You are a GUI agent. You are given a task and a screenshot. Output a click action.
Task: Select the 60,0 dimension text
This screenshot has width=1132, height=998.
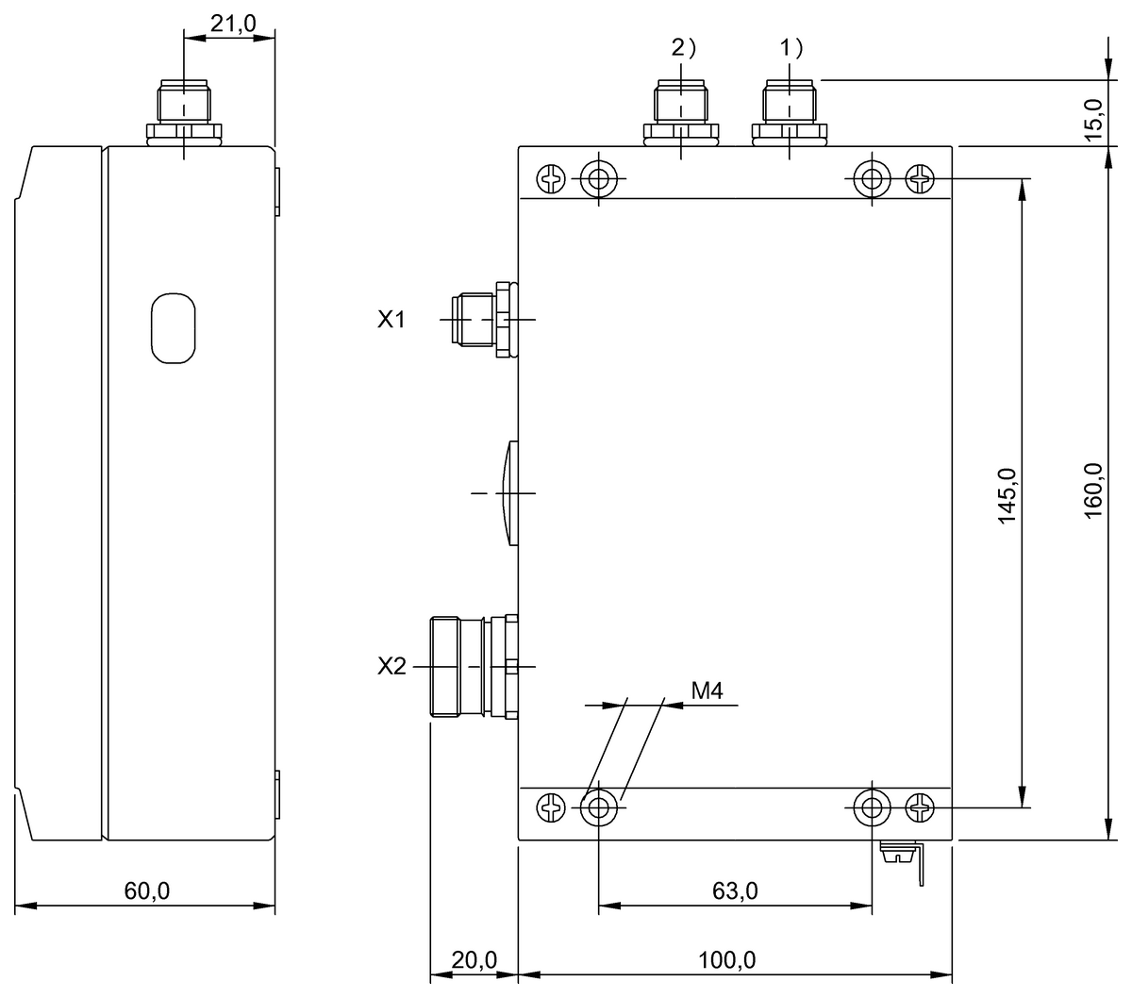(x=147, y=890)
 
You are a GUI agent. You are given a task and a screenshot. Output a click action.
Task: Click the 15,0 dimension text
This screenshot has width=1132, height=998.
(x=1093, y=119)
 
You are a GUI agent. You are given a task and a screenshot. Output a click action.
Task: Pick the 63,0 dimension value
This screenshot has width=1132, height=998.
(x=736, y=890)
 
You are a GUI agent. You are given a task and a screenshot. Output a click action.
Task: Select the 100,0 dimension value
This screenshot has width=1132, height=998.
(x=727, y=960)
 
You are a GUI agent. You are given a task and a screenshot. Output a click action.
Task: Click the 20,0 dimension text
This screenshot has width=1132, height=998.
(x=473, y=960)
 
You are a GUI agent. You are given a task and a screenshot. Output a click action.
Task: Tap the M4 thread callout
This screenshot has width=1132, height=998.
(x=707, y=691)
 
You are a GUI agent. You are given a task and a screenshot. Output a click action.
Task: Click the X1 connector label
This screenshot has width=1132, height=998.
(x=391, y=321)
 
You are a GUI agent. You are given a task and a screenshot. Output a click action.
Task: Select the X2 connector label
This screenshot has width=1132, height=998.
(x=391, y=667)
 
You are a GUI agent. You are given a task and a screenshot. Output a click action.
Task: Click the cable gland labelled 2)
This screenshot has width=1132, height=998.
(x=680, y=113)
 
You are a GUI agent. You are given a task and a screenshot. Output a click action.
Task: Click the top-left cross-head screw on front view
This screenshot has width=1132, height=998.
(x=550, y=177)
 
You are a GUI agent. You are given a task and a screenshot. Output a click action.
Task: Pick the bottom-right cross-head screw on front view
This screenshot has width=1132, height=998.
(x=920, y=807)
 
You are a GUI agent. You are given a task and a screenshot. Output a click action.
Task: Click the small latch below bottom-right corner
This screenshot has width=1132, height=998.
(x=904, y=857)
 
